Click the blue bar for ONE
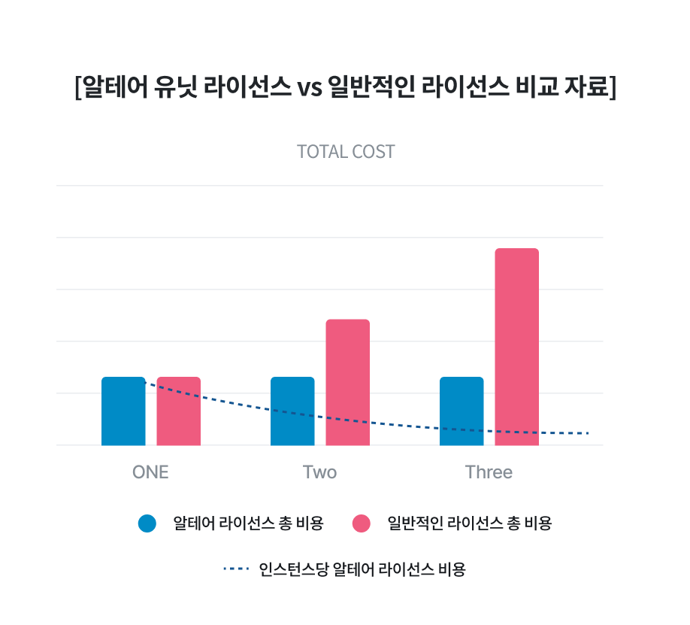pyautogui.click(x=123, y=411)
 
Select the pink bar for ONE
pyautogui.click(x=179, y=411)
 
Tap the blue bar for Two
pyautogui.click(x=292, y=411)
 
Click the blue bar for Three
pyautogui.click(x=462, y=411)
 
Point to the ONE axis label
pyautogui.click(x=150, y=472)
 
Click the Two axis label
pyautogui.click(x=319, y=472)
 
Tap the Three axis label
pyautogui.click(x=489, y=472)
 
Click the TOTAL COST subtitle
pyautogui.click(x=346, y=152)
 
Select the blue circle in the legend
pyautogui.click(x=147, y=523)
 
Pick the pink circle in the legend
pyautogui.click(x=362, y=523)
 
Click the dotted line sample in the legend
pyautogui.click(x=235, y=569)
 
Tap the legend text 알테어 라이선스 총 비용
pyautogui.click(x=248, y=523)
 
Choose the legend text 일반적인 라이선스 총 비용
pyautogui.click(x=469, y=523)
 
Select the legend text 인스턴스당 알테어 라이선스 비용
pyautogui.click(x=362, y=569)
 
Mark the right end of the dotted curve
pyautogui.click(x=588, y=433)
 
